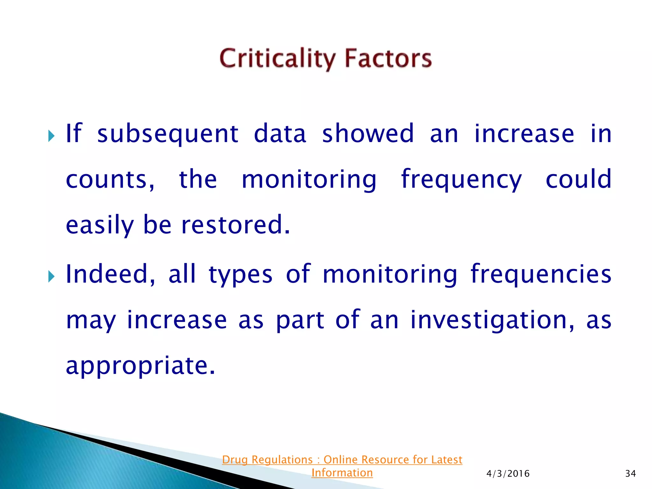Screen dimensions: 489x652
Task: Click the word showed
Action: pyautogui.click(x=368, y=134)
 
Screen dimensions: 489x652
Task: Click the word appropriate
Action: pyautogui.click(x=140, y=366)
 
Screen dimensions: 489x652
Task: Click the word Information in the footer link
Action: pyautogui.click(x=342, y=473)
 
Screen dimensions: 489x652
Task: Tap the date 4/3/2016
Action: pyautogui.click(x=508, y=474)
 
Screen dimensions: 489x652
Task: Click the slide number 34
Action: pyautogui.click(x=630, y=474)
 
